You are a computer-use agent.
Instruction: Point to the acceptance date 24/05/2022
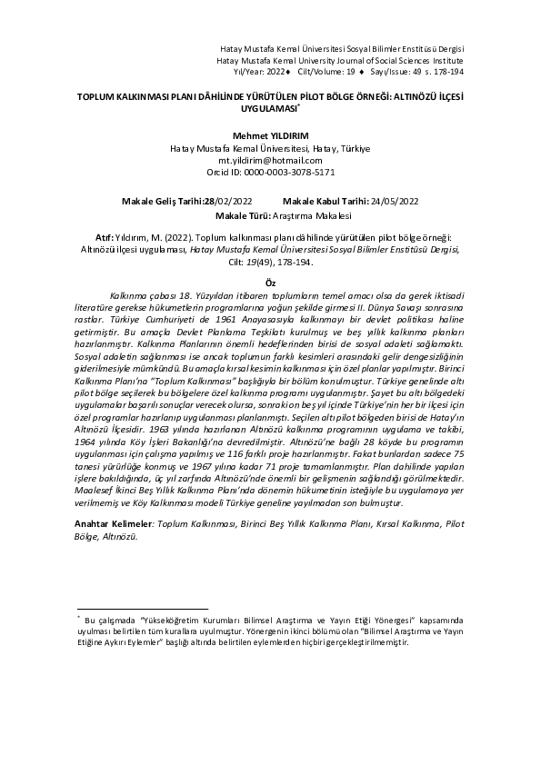pyautogui.click(x=390, y=202)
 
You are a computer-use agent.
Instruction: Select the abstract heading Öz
pyautogui.click(x=269, y=283)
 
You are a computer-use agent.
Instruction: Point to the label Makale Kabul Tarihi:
pyautogui.click(x=324, y=202)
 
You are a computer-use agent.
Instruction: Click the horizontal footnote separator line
pyautogui.click(x=143, y=607)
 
